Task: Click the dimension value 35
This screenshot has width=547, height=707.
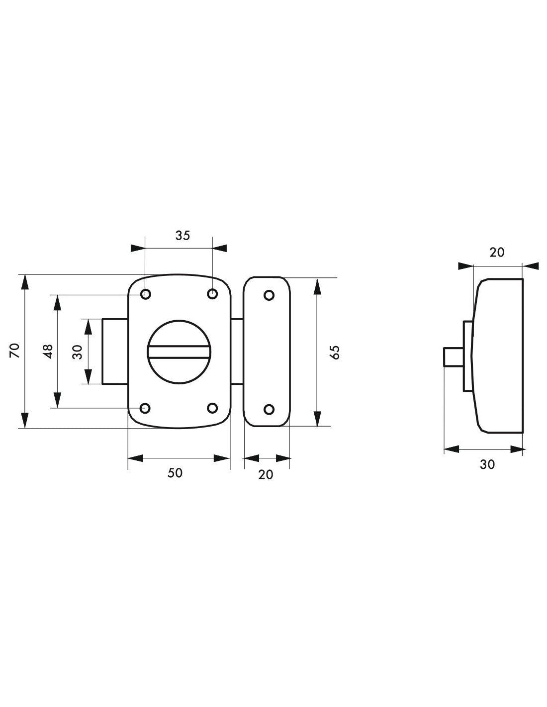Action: [x=182, y=236]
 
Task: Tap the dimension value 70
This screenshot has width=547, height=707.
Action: [x=15, y=351]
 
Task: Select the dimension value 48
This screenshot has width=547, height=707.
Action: [x=48, y=351]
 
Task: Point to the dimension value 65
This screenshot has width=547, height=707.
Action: [x=335, y=353]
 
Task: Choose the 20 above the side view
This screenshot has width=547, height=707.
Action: [x=497, y=252]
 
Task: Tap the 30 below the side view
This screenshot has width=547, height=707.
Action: [x=487, y=464]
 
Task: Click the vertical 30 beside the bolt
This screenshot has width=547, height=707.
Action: [x=78, y=352]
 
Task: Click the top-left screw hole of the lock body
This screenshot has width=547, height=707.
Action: [x=146, y=294]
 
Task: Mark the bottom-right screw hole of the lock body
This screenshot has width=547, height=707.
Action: [x=212, y=408]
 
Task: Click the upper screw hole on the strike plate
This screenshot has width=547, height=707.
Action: [x=269, y=295]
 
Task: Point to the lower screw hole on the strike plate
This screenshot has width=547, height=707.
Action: [x=269, y=409]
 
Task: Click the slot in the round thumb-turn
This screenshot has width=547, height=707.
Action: [x=179, y=352]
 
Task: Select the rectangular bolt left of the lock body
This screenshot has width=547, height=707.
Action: [x=115, y=352]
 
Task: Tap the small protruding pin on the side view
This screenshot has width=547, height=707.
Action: [x=454, y=357]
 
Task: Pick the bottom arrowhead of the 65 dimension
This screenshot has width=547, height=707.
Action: [x=317, y=419]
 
